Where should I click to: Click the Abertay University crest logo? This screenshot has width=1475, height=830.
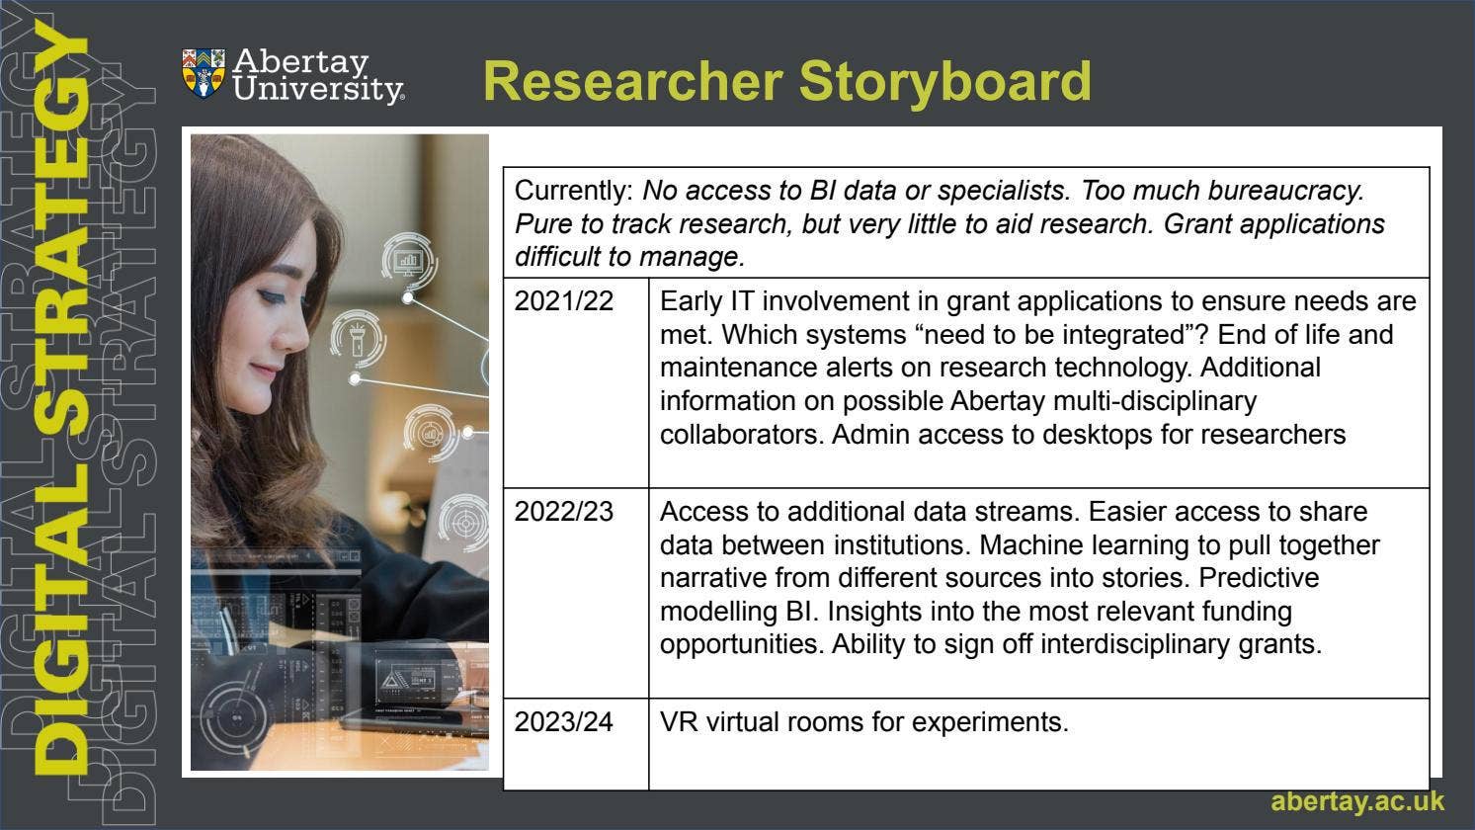click(x=204, y=74)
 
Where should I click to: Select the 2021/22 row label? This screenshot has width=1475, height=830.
click(x=563, y=301)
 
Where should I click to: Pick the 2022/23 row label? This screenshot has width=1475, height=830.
click(x=563, y=512)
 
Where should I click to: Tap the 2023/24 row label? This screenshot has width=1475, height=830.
click(x=563, y=722)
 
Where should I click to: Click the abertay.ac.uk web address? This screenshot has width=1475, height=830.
click(x=1356, y=801)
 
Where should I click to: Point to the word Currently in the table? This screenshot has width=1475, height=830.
click(x=573, y=191)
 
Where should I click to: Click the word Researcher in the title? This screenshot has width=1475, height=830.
click(x=632, y=81)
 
